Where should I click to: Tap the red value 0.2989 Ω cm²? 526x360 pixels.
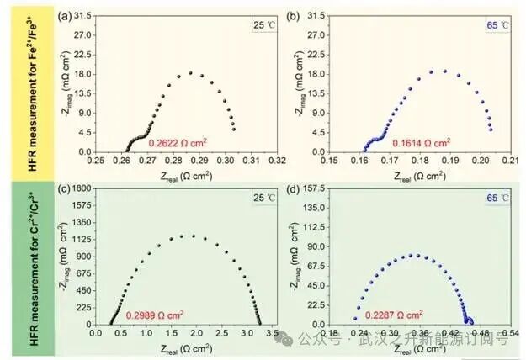pos(156,315)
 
